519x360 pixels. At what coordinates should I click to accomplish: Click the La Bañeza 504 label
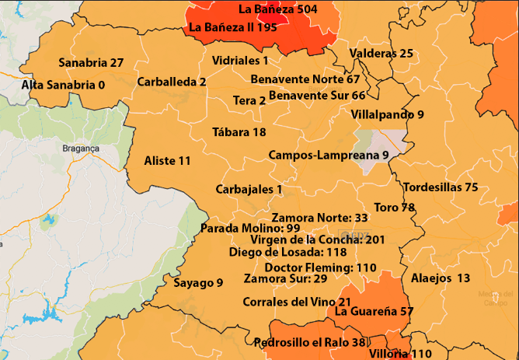pyautogui.click(x=277, y=9)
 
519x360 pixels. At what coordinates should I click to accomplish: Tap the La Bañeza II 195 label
pyautogui.click(x=233, y=27)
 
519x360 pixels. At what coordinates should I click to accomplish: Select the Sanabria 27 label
pyautogui.click(x=91, y=62)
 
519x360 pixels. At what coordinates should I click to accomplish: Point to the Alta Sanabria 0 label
pyautogui.click(x=63, y=84)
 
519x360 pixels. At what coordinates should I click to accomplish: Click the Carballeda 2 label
pyautogui.click(x=171, y=81)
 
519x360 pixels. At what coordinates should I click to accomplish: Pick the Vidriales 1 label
pyautogui.click(x=239, y=60)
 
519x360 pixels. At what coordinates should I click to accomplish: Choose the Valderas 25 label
pyautogui.click(x=381, y=54)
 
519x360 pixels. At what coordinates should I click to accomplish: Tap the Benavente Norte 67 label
pyautogui.click(x=305, y=79)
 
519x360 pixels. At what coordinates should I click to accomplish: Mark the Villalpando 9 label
pyautogui.click(x=387, y=114)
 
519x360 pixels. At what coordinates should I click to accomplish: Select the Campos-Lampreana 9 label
pyautogui.click(x=328, y=155)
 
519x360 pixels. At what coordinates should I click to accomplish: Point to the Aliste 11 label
pyautogui.click(x=167, y=161)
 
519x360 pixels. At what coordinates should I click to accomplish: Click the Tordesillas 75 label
pyautogui.click(x=441, y=187)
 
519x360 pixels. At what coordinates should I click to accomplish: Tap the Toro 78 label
pyautogui.click(x=394, y=208)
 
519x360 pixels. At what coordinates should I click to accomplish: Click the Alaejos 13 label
pyautogui.click(x=440, y=278)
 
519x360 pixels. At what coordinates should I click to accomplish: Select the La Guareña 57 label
pyautogui.click(x=373, y=311)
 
